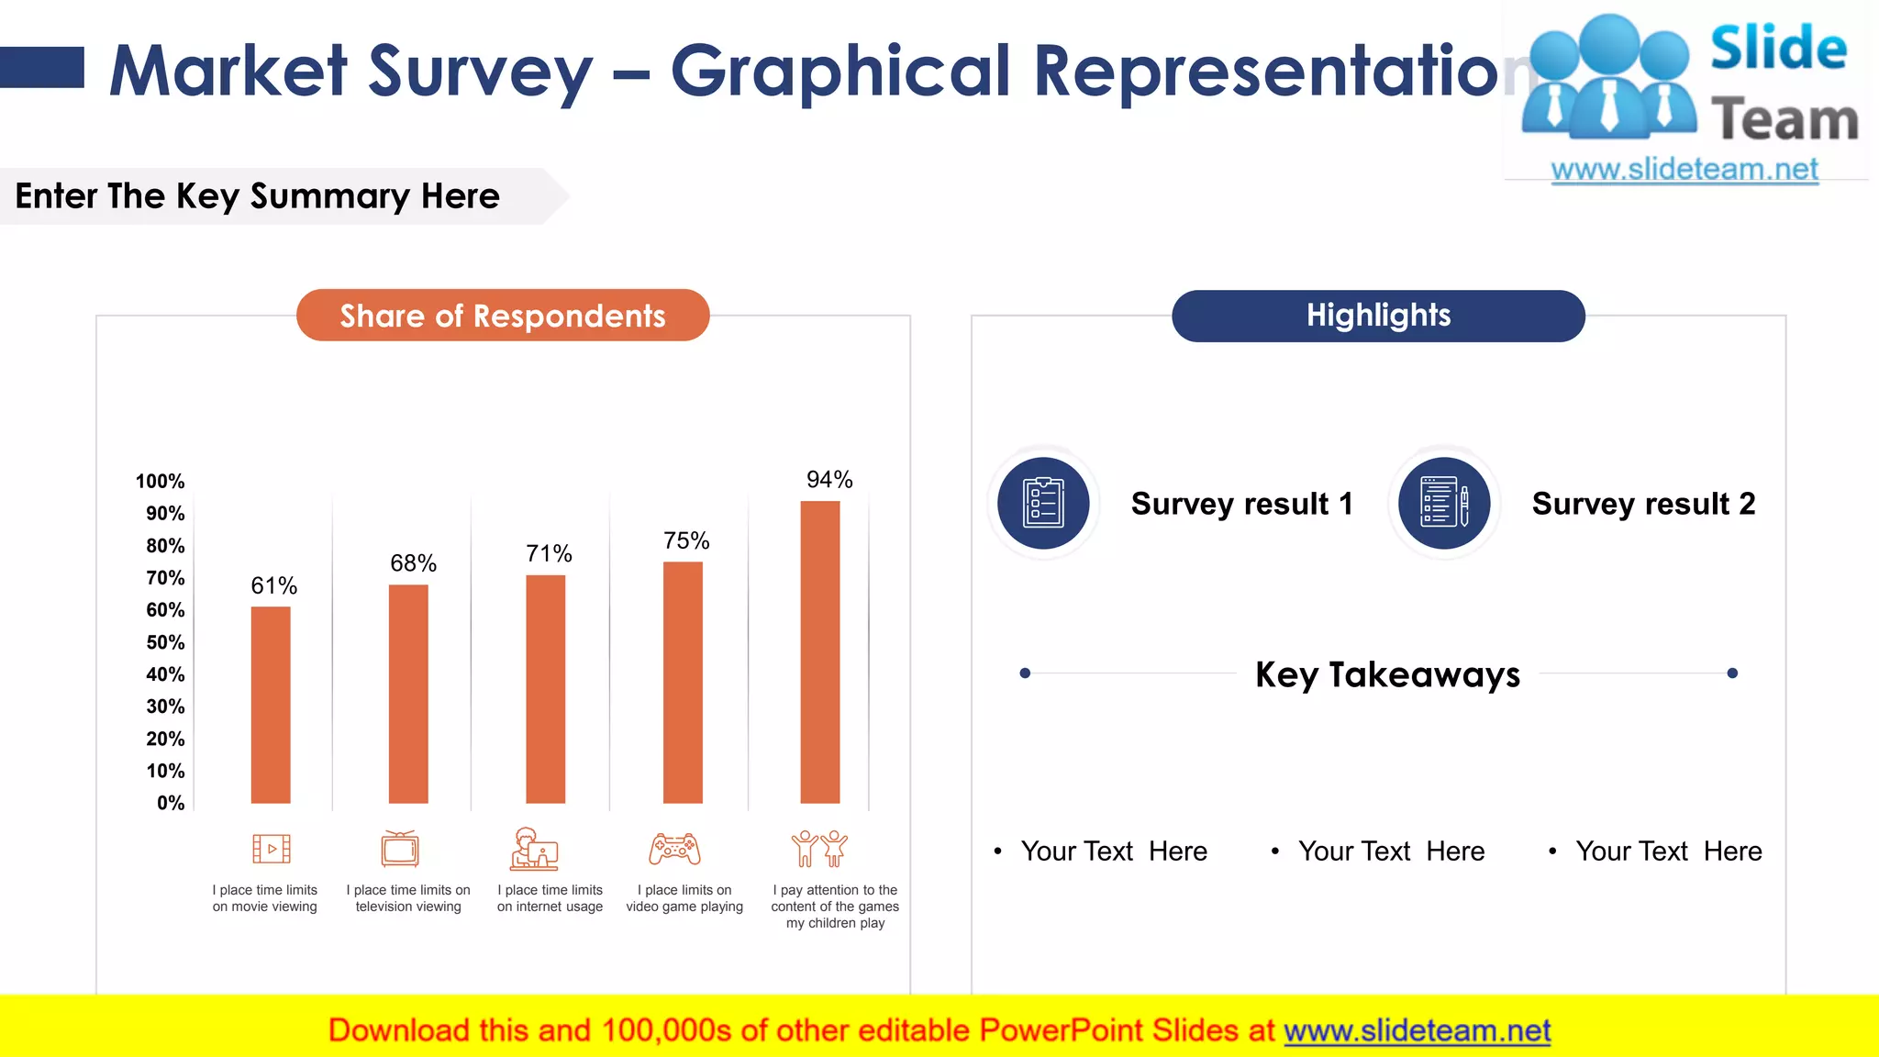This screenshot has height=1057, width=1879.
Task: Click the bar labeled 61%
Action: click(271, 705)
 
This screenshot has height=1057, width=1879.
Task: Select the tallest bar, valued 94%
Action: click(820, 651)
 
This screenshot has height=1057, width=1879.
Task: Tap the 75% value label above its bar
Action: click(686, 540)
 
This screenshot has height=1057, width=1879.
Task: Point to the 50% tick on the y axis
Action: click(165, 642)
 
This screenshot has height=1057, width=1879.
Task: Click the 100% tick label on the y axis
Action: click(160, 482)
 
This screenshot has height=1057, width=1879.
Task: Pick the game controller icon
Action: click(674, 850)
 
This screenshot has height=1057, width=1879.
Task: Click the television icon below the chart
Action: click(400, 849)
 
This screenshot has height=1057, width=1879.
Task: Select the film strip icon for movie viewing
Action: click(272, 849)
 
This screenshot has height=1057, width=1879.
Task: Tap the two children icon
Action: click(819, 849)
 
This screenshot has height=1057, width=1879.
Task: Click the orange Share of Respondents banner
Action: click(503, 316)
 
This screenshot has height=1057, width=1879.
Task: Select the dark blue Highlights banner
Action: click(1378, 316)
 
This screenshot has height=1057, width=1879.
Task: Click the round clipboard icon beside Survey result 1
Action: click(1043, 503)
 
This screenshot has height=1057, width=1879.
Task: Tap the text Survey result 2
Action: click(1643, 504)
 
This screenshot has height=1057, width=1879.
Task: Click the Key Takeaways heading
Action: click(1387, 674)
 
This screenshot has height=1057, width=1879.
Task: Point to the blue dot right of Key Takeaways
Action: click(1732, 673)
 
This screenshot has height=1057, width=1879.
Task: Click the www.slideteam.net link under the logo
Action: click(1684, 170)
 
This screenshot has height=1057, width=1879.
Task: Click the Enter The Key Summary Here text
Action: click(258, 196)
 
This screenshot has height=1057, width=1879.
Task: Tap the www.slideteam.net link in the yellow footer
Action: click(1417, 1031)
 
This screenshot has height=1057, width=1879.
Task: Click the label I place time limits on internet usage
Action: click(550, 898)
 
